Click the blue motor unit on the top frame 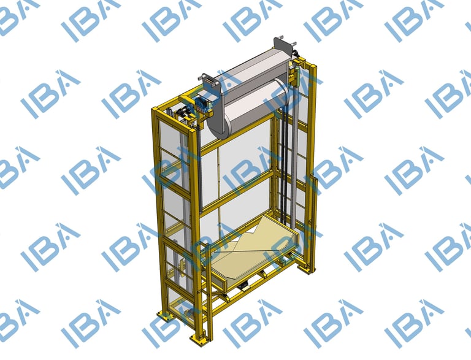tap(202, 104)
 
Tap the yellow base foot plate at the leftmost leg tap(164, 315)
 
